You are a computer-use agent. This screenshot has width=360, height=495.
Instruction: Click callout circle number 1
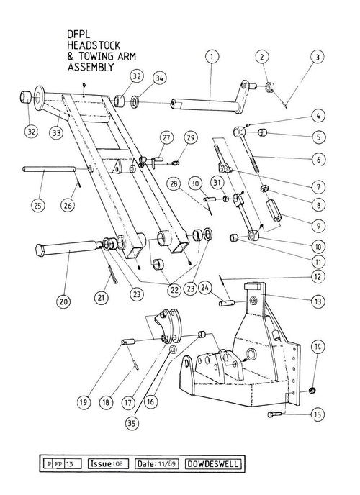(212, 57)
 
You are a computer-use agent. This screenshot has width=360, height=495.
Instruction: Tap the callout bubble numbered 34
(159, 78)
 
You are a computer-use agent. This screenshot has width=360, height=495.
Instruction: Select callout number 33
(56, 133)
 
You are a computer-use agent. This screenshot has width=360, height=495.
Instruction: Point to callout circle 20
(63, 301)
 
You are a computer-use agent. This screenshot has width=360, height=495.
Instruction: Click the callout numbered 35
(132, 423)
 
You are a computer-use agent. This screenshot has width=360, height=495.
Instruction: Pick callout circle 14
(318, 347)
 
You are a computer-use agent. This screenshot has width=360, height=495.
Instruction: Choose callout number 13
(318, 301)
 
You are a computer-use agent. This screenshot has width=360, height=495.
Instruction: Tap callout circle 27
(166, 137)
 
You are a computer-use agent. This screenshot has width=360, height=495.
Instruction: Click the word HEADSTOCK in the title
(94, 45)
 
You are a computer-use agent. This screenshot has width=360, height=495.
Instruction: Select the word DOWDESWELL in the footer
(212, 464)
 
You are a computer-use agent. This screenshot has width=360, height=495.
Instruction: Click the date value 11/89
(167, 464)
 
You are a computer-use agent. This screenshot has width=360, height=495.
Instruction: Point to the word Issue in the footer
(101, 464)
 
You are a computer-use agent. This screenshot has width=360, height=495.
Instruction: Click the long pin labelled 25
(49, 170)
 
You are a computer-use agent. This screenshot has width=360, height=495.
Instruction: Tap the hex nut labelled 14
(313, 390)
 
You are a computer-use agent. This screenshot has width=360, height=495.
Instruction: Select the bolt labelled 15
(274, 414)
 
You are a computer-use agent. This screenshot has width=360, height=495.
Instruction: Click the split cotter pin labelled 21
(112, 274)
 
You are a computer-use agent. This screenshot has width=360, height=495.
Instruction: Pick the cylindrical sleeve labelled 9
(274, 210)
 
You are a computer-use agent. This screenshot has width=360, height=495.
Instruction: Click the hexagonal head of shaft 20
(40, 250)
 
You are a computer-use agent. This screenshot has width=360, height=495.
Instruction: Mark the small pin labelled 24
(227, 303)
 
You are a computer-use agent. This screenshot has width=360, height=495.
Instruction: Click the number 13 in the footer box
(70, 464)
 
